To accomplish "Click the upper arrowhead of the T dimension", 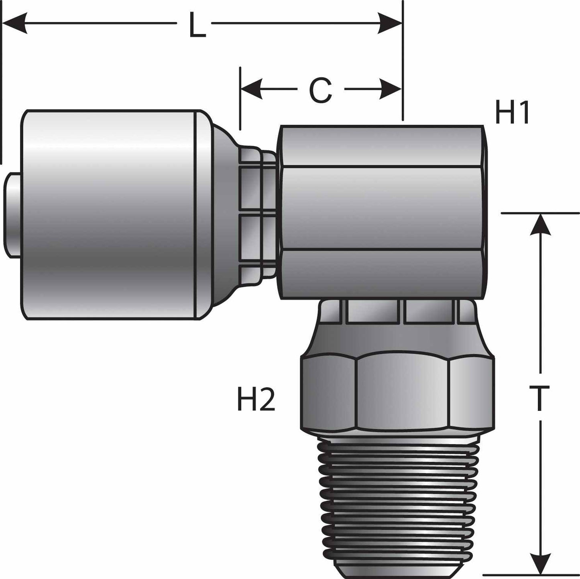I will coord(541,224).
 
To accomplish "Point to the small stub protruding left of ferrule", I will coord(12,215).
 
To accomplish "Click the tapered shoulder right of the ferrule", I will coord(223,215).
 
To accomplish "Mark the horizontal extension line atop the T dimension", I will coord(538,213).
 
